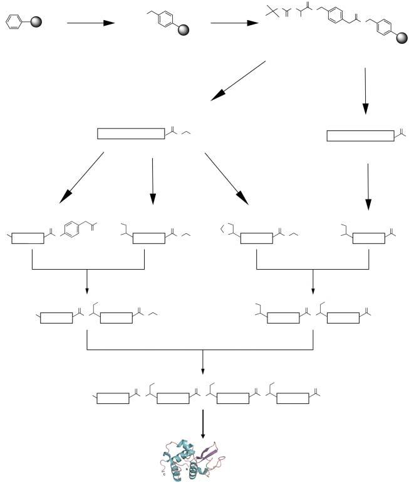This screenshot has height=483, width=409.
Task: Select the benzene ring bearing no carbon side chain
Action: tap(13, 23)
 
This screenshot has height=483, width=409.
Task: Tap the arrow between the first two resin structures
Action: tap(90, 23)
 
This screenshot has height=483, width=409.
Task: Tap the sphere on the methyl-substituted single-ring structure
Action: tap(182, 29)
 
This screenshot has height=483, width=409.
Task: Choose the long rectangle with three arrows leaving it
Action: tap(131, 134)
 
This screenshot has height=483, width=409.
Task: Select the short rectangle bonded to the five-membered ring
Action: tap(256, 238)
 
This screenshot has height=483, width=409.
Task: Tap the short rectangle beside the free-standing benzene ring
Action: tap(28, 238)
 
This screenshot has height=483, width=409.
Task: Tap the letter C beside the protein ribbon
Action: tap(164, 475)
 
